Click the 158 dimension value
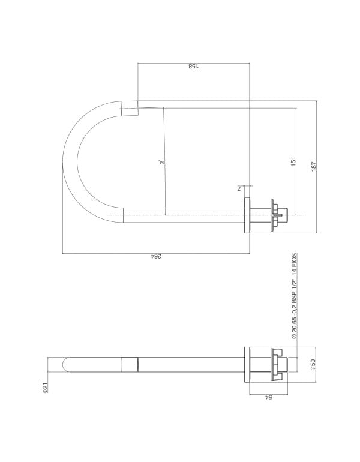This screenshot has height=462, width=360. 194,66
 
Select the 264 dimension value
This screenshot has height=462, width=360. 156,256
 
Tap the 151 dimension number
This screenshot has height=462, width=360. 293,161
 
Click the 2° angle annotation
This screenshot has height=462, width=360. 162,163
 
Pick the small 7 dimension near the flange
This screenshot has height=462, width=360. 239,188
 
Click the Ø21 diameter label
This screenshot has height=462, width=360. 45,388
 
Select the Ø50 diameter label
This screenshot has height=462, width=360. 313,364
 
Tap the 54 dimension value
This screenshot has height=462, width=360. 268,397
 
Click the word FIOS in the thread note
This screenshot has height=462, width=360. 295,260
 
